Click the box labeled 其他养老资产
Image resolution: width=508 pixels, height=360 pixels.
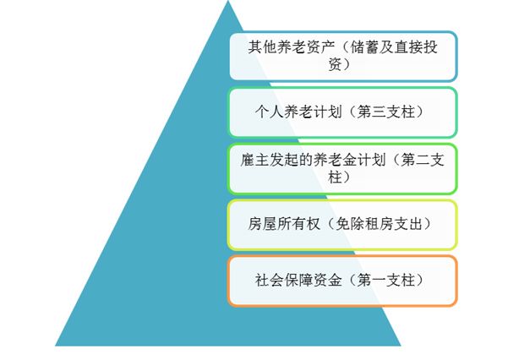click(342, 56)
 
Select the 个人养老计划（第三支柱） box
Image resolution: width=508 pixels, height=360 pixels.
click(342, 112)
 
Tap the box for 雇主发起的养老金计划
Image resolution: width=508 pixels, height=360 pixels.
click(342, 168)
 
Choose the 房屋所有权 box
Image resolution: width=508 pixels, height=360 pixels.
click(342, 224)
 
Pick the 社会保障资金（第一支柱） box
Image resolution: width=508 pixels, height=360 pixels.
click(342, 280)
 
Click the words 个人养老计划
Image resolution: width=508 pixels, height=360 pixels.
click(292, 112)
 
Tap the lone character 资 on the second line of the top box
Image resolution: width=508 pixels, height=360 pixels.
click(342, 65)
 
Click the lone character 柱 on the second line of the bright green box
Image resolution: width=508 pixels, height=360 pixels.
click(342, 178)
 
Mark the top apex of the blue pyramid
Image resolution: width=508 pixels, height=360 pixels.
click(227, 3)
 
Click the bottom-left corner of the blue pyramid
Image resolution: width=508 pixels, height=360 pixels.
click(56, 344)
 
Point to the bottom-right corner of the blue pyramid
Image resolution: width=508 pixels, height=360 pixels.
click(400, 344)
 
